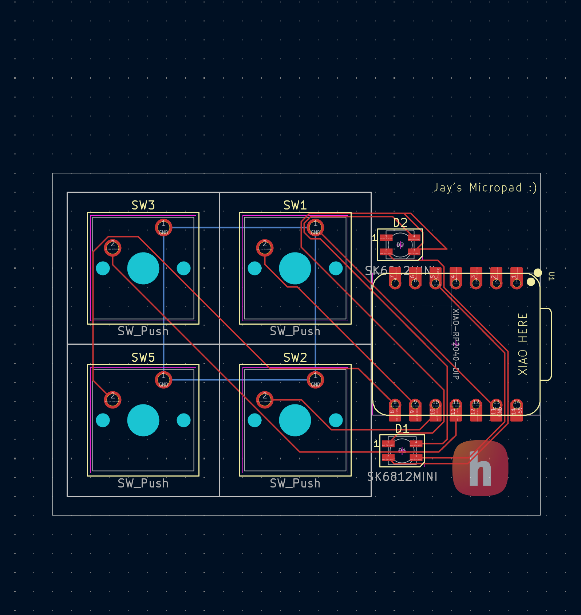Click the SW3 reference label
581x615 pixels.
143,205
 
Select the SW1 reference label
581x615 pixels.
295,205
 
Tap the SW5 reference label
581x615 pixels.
143,358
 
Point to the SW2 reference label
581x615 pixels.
295,358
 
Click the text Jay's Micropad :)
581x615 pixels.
485,188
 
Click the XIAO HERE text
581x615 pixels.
523,344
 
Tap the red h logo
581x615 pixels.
480,469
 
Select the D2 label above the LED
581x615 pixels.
400,223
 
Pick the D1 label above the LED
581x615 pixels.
402,429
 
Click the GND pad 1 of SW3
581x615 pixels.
163,228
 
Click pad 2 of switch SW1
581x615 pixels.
265,248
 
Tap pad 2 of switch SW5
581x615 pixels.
112,400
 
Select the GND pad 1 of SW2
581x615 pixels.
315,380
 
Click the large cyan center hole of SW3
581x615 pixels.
143,268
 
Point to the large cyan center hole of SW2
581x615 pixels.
295,420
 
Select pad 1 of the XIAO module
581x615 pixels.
516,281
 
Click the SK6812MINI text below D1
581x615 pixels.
402,477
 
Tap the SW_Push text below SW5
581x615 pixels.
143,483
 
